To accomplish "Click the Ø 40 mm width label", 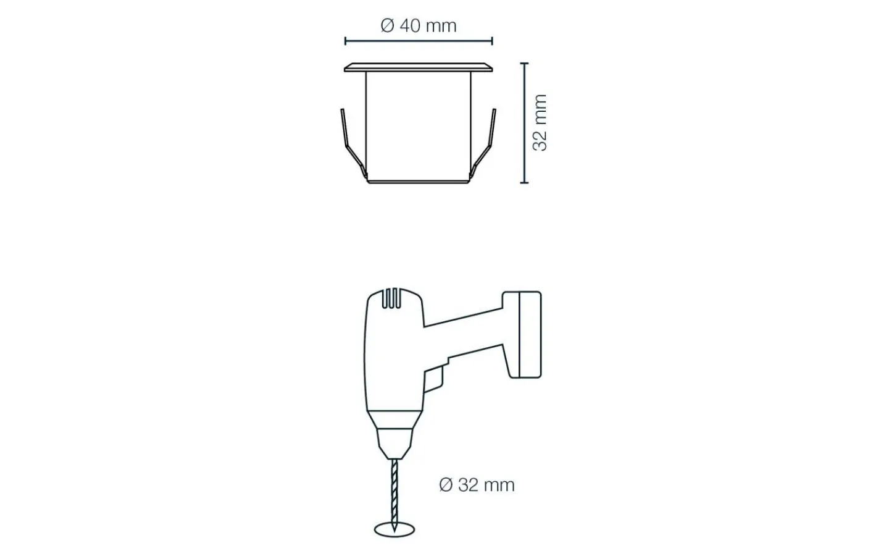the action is coord(419,26).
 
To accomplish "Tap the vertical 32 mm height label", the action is coord(540,123).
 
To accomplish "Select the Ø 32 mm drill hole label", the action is coord(477,485).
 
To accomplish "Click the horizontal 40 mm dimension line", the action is coord(419,41).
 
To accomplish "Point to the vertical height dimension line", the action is coord(524,123).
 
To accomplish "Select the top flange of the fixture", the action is coord(419,67).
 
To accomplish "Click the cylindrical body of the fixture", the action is coord(419,127).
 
